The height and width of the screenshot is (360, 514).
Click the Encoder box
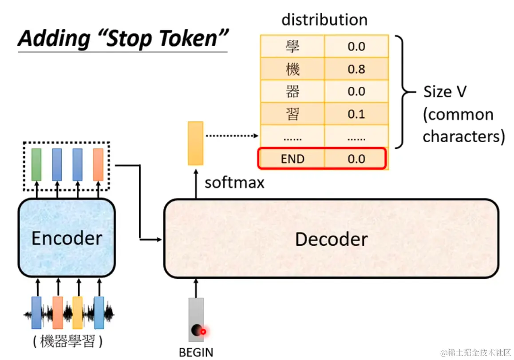67,238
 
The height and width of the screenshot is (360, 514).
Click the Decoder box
331,239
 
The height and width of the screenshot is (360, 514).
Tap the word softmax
234,182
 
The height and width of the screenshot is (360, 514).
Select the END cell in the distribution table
293,159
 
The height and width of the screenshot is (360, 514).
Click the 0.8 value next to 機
356,69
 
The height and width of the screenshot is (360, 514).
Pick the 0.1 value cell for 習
356,114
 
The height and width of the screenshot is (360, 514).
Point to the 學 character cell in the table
293,46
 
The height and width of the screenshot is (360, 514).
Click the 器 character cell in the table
293,92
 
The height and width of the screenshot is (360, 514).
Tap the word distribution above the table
324,20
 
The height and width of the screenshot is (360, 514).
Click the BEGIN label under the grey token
196,352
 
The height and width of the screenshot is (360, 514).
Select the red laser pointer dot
204,331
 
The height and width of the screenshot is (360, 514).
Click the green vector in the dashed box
36,164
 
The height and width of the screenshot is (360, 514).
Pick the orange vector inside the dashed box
98,164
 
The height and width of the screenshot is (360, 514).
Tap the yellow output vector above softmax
195,143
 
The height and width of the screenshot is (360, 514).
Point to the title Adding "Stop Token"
123,39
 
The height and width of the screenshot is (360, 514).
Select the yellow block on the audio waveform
78,312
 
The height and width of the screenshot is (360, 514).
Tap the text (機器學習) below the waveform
67,341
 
